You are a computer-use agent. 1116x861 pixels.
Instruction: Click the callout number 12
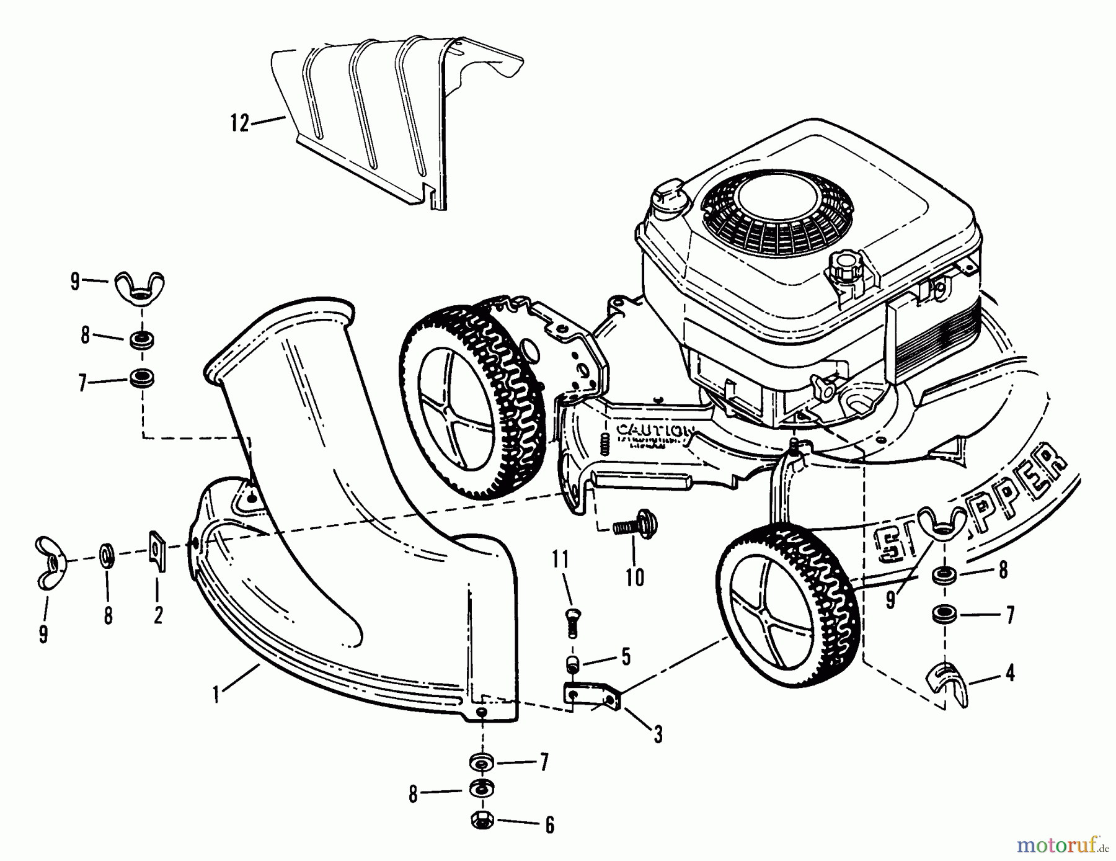239,123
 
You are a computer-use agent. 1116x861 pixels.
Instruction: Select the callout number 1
216,695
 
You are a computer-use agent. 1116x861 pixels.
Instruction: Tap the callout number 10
634,578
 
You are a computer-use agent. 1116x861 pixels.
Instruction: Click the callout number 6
626,657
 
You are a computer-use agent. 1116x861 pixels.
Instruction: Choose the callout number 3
658,734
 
